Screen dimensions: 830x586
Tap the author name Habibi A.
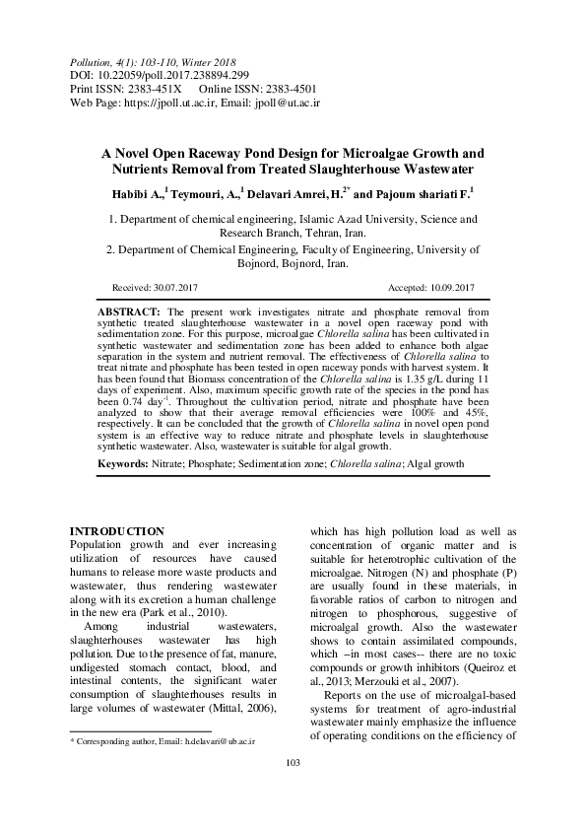point(138,194)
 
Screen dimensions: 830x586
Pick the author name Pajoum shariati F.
point(419,194)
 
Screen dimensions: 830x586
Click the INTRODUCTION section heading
point(119,531)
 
